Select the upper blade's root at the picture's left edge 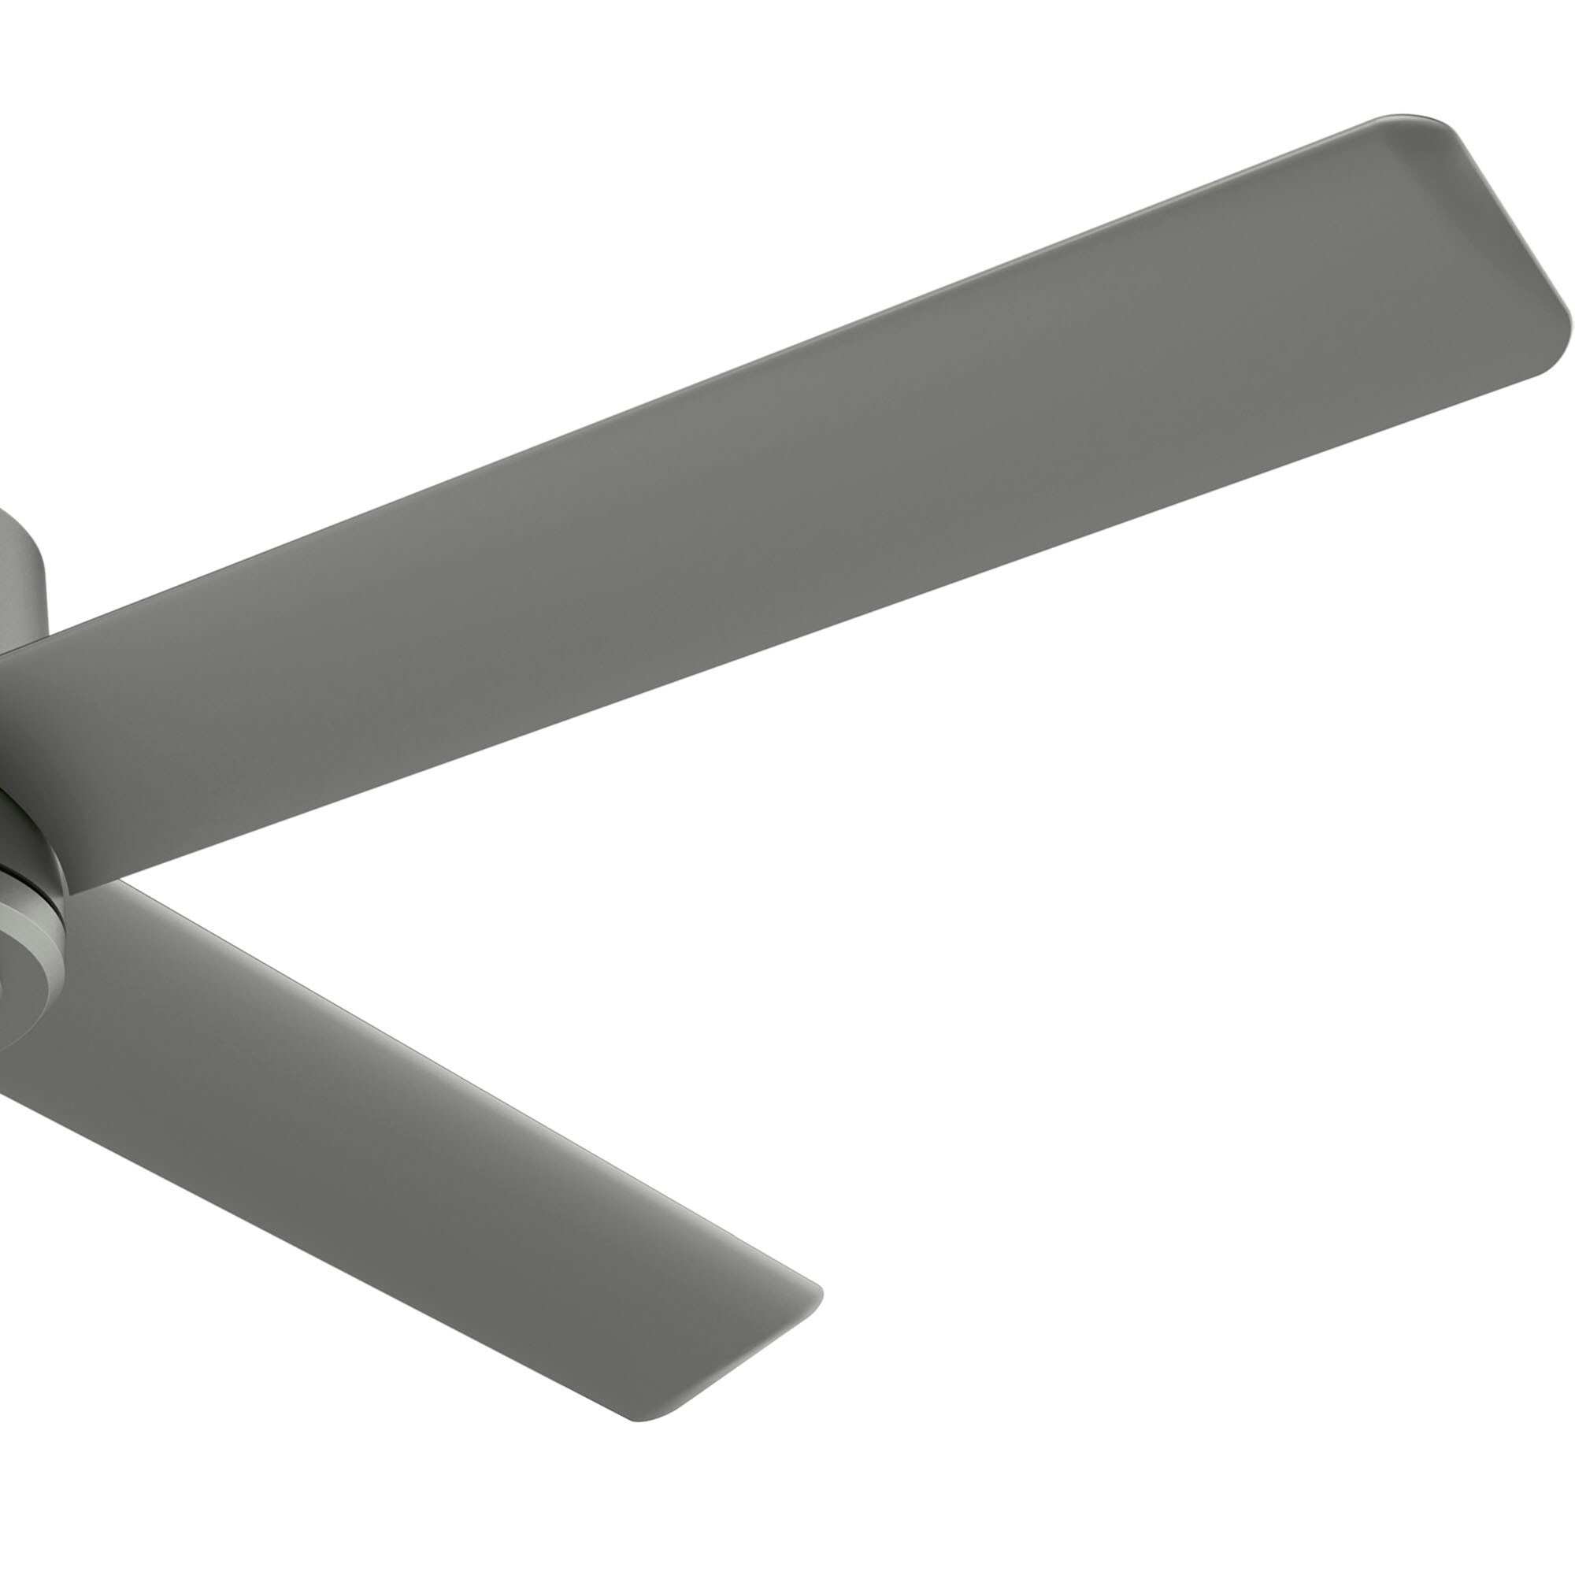tap(8, 734)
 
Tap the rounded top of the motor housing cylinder tap(17, 522)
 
